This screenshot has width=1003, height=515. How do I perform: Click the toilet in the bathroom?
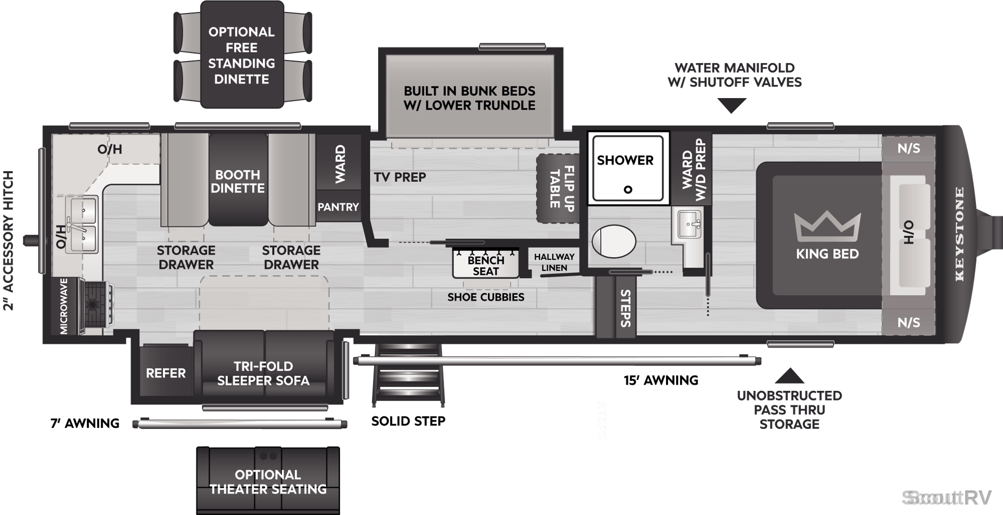(x=614, y=242)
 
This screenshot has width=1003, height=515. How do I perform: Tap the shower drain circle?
(x=628, y=189)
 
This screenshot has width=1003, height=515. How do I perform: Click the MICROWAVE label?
(x=64, y=306)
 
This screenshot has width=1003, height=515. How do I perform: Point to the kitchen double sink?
(x=81, y=225)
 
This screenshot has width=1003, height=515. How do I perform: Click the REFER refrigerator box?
(x=166, y=373)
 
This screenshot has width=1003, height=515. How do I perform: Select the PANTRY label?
(x=338, y=207)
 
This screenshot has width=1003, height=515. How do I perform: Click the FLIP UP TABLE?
(x=558, y=188)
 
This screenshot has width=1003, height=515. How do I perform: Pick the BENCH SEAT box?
(x=486, y=264)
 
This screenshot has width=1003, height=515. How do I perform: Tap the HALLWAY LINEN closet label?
(x=554, y=262)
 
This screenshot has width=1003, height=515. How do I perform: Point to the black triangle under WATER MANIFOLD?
(x=732, y=106)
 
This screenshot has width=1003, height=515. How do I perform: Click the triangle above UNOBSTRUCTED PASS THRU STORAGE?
(x=789, y=376)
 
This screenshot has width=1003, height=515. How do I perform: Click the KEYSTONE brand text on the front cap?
(x=959, y=234)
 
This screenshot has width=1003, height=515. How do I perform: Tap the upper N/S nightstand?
(x=908, y=148)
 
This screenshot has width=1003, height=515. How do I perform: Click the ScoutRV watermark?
(x=947, y=498)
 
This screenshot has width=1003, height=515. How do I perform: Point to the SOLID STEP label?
(x=408, y=421)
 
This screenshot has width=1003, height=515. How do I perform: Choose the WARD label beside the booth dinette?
(x=340, y=164)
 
